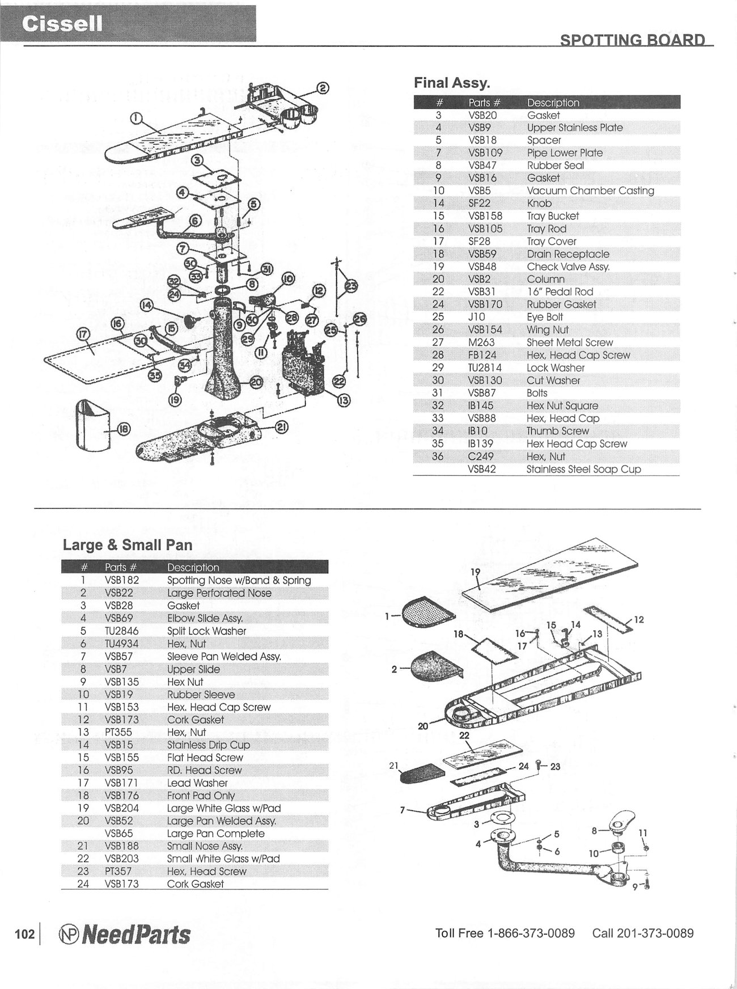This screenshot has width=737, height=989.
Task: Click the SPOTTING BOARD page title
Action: [x=632, y=40]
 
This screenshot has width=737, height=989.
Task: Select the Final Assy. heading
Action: [x=452, y=83]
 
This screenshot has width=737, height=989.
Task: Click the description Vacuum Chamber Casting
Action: [x=590, y=191]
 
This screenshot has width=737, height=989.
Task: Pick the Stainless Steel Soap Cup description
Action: [x=583, y=469]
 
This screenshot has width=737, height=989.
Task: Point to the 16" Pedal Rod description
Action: [x=560, y=291]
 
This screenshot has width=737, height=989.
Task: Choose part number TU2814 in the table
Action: [x=485, y=367]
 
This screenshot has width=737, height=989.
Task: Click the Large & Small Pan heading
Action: [x=128, y=545]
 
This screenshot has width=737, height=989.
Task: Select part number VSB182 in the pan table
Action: [x=121, y=580]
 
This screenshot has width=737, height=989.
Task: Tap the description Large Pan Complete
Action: [x=215, y=833]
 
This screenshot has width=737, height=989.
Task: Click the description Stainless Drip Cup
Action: [x=208, y=745]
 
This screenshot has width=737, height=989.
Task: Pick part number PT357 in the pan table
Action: [x=119, y=871]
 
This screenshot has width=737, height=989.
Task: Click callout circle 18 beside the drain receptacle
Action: [x=123, y=429]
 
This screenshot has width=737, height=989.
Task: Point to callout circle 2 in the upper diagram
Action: [x=322, y=87]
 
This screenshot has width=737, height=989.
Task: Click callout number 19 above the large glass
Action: [x=475, y=572]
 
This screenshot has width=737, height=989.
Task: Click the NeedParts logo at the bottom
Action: [x=125, y=935]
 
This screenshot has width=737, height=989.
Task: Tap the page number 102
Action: [x=24, y=934]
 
